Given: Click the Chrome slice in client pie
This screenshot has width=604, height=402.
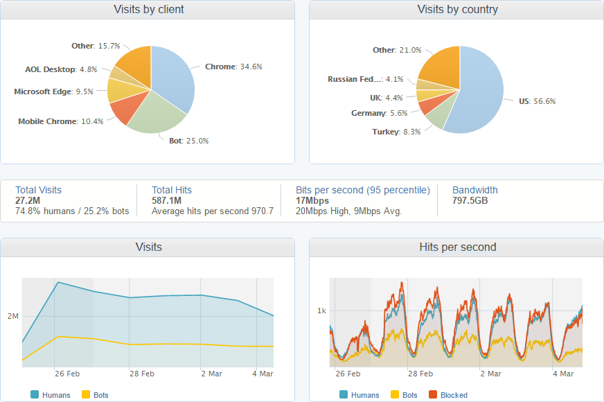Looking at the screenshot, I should point(173,76).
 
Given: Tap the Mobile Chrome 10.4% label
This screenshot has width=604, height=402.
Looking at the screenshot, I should point(61,121).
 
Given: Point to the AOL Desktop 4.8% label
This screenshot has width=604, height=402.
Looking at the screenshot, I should point(61,69).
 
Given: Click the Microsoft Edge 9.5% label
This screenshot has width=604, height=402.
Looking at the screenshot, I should point(53,91).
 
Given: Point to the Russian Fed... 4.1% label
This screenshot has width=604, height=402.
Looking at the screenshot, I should point(365,79).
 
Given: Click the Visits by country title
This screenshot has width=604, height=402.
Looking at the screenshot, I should point(457,10).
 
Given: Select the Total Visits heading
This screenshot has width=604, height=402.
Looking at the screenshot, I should point(38,190).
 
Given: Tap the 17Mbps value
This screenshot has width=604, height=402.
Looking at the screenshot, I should point(312,200).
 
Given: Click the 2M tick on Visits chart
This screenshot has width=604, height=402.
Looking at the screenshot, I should point(13,316).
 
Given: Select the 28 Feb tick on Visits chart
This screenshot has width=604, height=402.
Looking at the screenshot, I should point(141,374).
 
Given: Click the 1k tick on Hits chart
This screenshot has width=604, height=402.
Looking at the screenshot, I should point(321,311).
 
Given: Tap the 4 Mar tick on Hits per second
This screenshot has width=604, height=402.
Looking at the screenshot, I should point(563,374).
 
